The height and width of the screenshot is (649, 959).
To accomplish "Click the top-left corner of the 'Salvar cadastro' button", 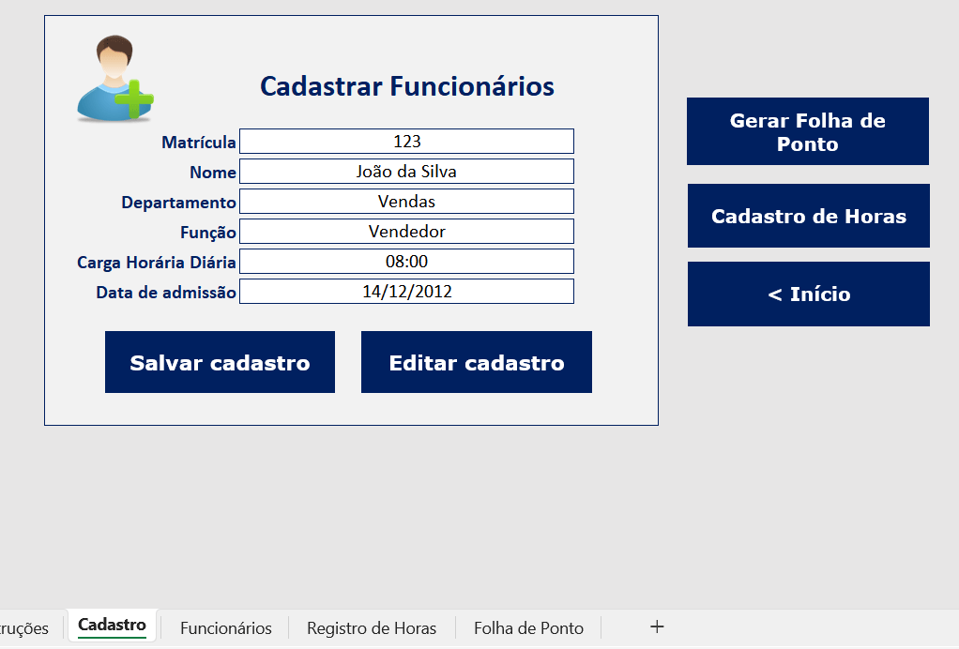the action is coord(105,331).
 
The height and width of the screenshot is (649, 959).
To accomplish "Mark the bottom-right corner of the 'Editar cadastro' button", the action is coord(592,393).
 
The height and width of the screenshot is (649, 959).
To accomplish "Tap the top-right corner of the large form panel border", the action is coord(658,16).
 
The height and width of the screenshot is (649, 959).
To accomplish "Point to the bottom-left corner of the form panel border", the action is coord(45,425).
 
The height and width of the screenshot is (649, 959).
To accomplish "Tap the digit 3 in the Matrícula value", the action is coord(416,142).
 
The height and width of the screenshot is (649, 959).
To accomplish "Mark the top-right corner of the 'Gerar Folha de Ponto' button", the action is coord(929,98).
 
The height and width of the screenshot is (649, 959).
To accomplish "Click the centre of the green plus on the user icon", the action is coord(134,98).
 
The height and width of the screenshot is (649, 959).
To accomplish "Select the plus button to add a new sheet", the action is coord(657,626).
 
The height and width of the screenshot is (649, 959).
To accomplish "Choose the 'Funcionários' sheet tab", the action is coord(226,628).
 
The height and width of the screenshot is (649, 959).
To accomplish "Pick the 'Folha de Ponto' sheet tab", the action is coord(528,628).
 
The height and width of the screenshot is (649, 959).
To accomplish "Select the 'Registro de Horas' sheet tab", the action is coord(372,628).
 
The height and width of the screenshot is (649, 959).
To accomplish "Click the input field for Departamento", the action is coord(406,201).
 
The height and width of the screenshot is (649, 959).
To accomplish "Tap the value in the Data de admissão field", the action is coord(406,292).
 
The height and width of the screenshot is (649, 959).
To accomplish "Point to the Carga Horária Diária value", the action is coord(406,262).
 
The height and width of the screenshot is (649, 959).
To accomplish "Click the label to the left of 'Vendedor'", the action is coord(208,233).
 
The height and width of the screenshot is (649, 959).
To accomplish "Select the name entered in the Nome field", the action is coord(406,171).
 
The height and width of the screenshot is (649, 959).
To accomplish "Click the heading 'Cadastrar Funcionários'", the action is coord(407,86).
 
